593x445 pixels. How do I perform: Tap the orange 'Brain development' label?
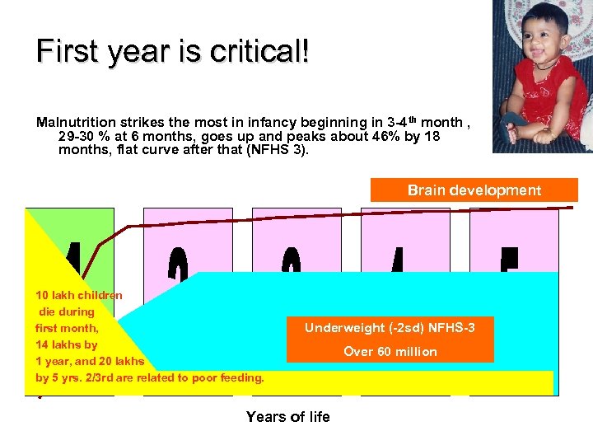pyautogui.click(x=474, y=190)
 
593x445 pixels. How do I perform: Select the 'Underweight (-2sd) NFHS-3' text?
pyautogui.click(x=390, y=328)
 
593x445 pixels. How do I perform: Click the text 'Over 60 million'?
pyautogui.click(x=390, y=352)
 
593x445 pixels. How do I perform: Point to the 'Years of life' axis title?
pyautogui.click(x=287, y=417)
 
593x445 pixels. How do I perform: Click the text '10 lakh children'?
pyautogui.click(x=79, y=295)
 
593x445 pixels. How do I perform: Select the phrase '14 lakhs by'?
pyautogui.click(x=67, y=344)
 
